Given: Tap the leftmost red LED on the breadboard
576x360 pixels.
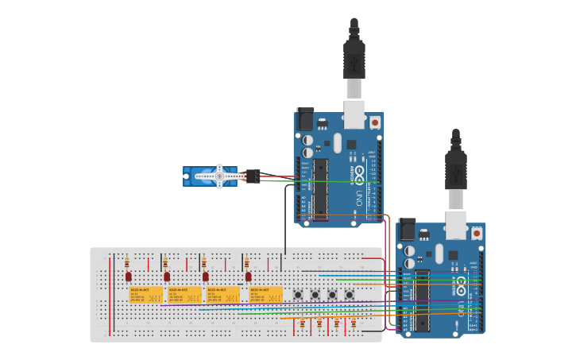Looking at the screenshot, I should (x=128, y=277).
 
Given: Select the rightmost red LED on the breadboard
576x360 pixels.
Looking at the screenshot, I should (x=248, y=277).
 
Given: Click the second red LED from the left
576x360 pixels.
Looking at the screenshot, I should (x=167, y=277).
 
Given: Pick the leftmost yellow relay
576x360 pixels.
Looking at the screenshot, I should (x=145, y=295).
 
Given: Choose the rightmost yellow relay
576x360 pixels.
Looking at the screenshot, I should (x=266, y=295).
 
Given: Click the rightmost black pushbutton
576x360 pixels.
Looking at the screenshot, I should (x=350, y=295).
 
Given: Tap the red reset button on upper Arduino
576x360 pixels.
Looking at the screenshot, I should (x=374, y=122).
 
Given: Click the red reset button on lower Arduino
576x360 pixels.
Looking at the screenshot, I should (x=476, y=233).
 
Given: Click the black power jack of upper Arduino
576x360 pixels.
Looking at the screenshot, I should (x=305, y=119).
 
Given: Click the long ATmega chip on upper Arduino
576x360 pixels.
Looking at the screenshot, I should (x=320, y=189).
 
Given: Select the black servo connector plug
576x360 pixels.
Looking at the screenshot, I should (x=253, y=176).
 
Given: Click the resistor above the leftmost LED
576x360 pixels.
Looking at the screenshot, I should (x=127, y=262).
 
